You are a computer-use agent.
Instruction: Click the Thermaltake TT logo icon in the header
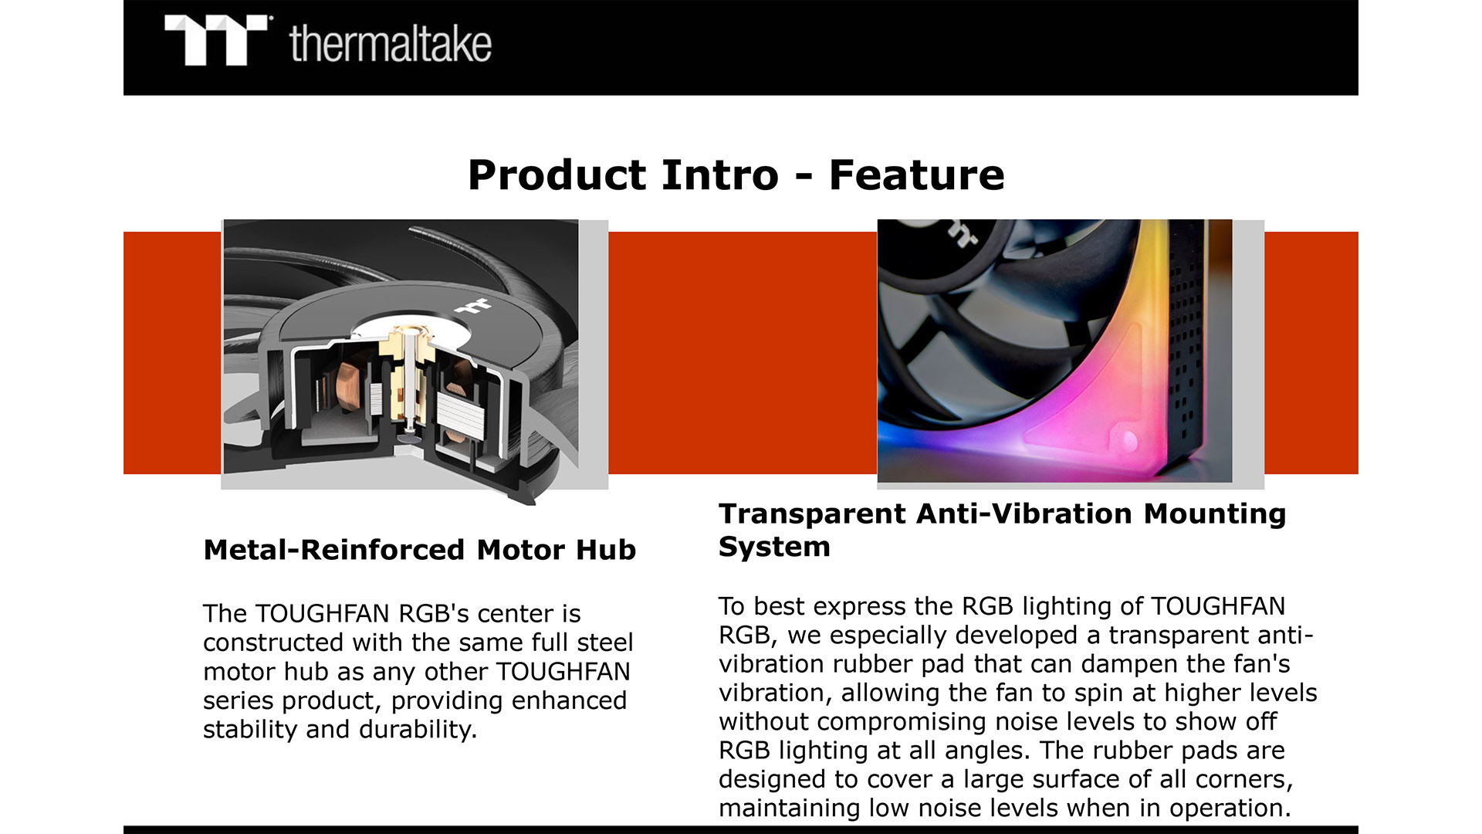215,40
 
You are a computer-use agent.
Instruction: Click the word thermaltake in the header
391,43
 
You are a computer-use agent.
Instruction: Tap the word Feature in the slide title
916,175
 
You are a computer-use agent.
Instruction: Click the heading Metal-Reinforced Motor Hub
420,550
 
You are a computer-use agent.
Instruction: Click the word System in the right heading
774,547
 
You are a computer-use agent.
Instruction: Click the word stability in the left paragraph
251,730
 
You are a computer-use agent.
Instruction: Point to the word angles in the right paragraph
981,751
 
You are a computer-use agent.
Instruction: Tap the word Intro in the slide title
720,175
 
